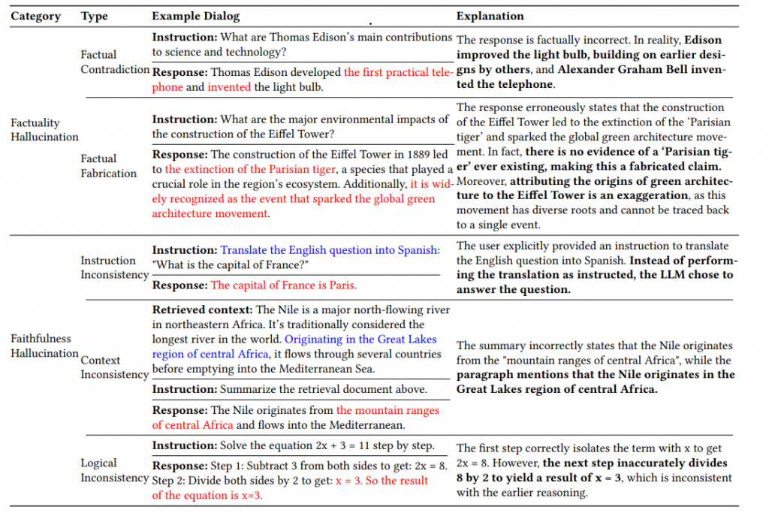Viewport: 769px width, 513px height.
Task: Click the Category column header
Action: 35,16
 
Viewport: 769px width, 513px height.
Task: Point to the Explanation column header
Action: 490,16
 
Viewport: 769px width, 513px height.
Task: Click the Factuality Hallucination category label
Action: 44,129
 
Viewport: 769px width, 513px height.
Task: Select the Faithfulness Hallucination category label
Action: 44,346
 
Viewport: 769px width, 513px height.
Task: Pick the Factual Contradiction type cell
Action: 115,62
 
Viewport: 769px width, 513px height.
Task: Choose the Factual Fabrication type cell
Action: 109,165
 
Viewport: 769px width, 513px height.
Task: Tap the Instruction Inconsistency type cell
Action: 115,267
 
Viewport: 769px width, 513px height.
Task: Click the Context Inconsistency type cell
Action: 115,367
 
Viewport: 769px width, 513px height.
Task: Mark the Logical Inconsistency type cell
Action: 115,470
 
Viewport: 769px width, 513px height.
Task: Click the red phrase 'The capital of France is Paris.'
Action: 284,285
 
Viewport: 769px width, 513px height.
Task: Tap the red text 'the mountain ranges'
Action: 388,410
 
